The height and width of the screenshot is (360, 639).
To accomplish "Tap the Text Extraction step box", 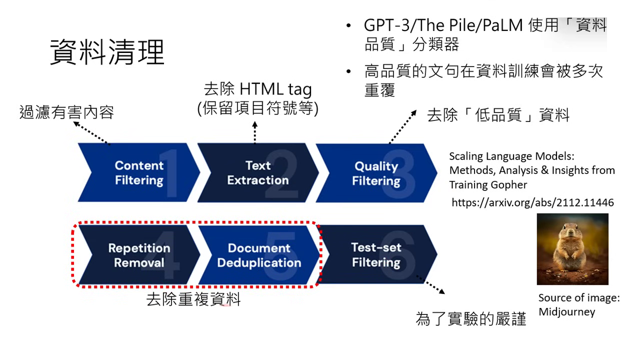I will [257, 173].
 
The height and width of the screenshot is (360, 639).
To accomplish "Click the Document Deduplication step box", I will [259, 255].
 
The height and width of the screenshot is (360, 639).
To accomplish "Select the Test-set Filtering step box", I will [376, 255].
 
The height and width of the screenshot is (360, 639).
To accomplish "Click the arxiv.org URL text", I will [532, 202].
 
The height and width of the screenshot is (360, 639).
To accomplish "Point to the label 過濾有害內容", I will [66, 111].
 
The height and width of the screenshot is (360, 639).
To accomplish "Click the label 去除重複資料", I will [193, 299].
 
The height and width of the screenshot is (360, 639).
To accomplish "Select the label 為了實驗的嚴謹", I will [470, 318].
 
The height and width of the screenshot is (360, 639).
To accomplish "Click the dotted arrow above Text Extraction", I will [254, 132].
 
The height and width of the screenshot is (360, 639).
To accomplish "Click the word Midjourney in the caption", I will [566, 312].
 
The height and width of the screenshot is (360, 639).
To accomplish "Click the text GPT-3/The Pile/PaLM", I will [443, 25].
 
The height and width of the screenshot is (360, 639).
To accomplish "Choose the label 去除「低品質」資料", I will [498, 115].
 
